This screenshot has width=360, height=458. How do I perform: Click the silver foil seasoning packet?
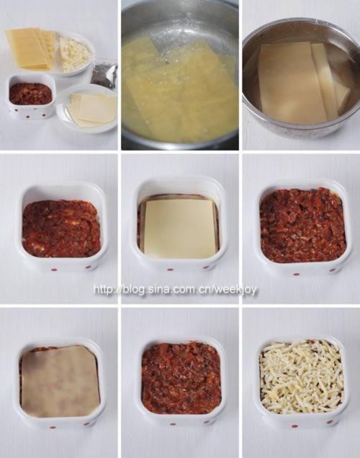(104, 71)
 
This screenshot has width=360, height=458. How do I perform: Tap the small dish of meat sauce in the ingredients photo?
(30, 95)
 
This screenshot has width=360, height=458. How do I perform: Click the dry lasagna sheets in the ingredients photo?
(31, 48)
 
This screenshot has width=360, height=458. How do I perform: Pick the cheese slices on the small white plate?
(91, 109)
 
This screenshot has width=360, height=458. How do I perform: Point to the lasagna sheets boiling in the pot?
(179, 88)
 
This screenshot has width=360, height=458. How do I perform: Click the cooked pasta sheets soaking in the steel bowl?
(304, 82)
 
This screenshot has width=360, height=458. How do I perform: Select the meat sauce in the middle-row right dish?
(302, 225)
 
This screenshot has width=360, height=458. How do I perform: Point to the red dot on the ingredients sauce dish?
(29, 117)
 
